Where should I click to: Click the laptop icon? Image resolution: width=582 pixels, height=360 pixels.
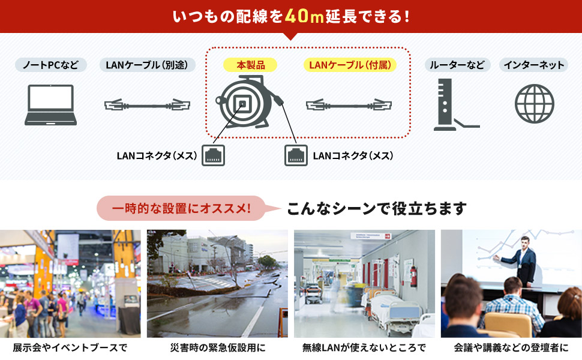coord(50,105)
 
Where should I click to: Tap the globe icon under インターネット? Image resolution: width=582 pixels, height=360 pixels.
coord(534,104)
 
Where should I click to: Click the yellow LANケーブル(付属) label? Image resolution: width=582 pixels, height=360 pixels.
coord(350,65)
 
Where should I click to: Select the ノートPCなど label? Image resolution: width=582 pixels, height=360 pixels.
coord(50,65)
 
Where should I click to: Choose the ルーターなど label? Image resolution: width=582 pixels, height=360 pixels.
coord(458,65)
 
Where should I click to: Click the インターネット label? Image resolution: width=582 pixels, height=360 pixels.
coord(534,65)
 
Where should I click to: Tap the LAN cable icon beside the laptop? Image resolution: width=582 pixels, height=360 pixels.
coord(148,106)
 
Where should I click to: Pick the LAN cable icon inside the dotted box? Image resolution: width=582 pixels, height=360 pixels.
coord(349,106)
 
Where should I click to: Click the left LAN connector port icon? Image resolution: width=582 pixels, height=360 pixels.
coord(214,155)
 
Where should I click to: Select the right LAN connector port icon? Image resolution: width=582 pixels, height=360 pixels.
coord(295,155)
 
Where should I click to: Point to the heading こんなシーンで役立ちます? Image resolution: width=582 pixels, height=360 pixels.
coord(376,208)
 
